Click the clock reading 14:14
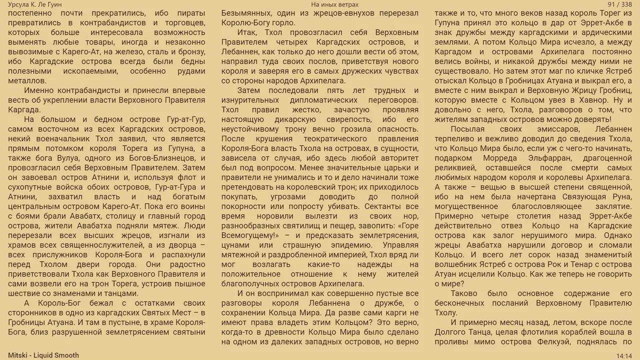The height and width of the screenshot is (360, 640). (624, 355)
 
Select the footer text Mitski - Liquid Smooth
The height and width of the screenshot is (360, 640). (43, 355)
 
